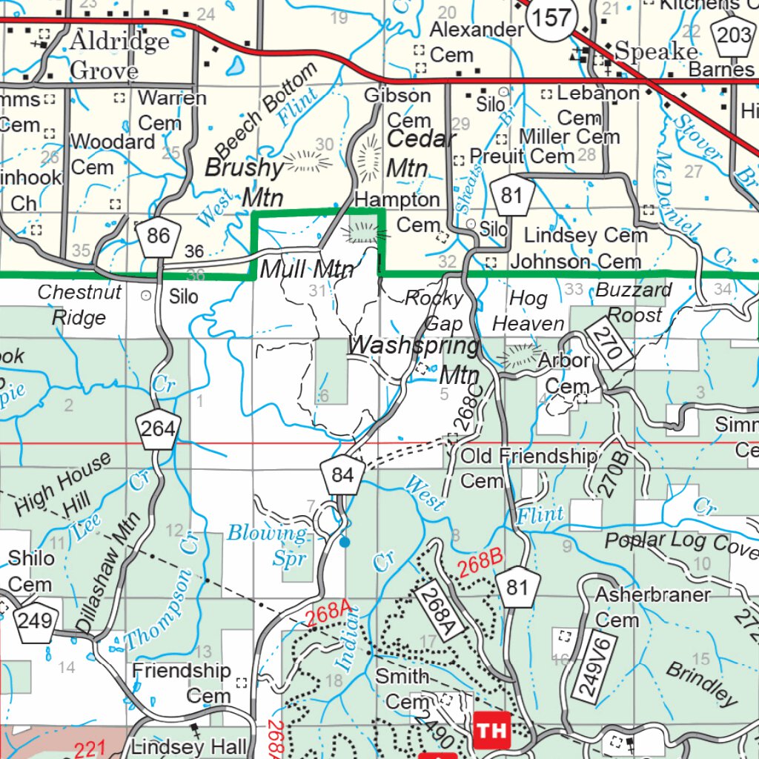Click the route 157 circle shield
point(552,19)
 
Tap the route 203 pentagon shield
point(733,34)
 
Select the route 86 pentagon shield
point(159,236)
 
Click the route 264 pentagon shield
point(159,428)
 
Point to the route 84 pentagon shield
point(343,474)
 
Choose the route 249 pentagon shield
point(34,620)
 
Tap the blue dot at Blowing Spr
point(344,543)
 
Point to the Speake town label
point(657,51)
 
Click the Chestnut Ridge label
point(79,305)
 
